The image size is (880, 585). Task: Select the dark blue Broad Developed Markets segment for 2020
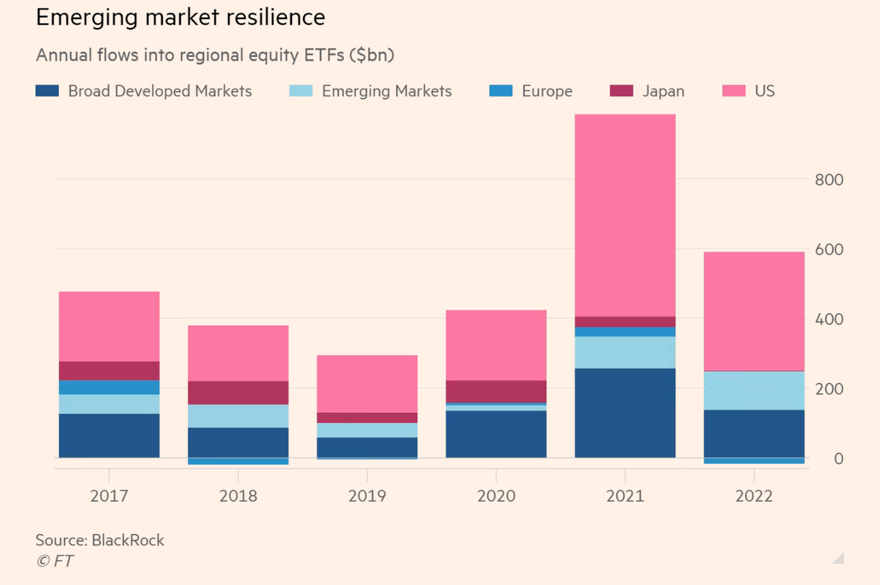(496, 434)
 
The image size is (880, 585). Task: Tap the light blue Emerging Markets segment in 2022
(754, 390)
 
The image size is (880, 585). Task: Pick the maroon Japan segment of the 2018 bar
(238, 393)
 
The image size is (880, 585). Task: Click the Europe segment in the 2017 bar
(109, 387)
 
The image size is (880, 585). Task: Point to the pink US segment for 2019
(367, 383)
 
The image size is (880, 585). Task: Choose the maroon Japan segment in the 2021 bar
(625, 322)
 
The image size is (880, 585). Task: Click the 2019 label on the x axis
(367, 496)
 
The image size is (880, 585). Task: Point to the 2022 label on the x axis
(754, 496)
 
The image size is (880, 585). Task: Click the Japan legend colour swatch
(620, 91)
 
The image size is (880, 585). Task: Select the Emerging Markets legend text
(386, 91)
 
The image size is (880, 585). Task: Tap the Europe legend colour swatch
(500, 91)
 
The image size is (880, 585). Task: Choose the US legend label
(764, 91)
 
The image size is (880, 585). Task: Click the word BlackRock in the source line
(128, 540)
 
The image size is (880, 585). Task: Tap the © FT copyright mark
(55, 562)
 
